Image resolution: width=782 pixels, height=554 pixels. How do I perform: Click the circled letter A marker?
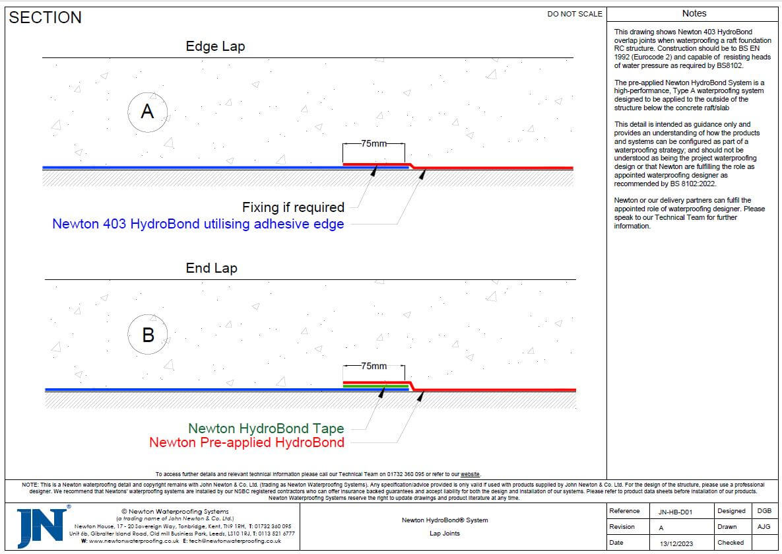click(147, 111)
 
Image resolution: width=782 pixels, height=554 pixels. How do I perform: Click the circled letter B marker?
click(148, 335)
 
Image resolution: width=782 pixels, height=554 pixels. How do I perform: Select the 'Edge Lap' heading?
click(215, 47)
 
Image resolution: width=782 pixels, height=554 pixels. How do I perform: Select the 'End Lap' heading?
click(211, 268)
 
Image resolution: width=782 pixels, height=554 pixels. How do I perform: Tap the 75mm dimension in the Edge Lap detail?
click(374, 143)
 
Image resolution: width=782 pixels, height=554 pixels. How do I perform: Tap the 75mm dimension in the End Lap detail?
click(374, 366)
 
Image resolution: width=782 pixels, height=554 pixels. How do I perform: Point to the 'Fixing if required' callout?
click(293, 207)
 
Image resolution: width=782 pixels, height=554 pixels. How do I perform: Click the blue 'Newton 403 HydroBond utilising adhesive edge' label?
click(198, 224)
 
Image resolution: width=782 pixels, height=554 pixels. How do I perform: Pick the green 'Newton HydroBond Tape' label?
click(266, 429)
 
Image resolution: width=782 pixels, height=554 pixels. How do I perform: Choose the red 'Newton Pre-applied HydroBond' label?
click(247, 442)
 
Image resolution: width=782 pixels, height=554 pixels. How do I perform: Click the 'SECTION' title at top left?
click(45, 18)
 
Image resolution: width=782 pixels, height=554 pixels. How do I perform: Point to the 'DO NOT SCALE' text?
click(574, 14)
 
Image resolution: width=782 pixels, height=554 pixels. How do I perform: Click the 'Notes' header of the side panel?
click(694, 13)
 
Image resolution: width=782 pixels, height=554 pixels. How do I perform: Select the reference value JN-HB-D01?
click(676, 511)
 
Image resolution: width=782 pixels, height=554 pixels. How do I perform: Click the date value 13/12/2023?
click(676, 543)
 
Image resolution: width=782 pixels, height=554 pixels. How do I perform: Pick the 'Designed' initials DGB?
click(764, 511)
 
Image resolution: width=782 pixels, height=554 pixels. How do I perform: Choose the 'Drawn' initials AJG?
click(764, 527)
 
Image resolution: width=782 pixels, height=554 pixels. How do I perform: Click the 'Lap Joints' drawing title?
click(444, 534)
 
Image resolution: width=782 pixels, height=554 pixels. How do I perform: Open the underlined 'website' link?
click(470, 474)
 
